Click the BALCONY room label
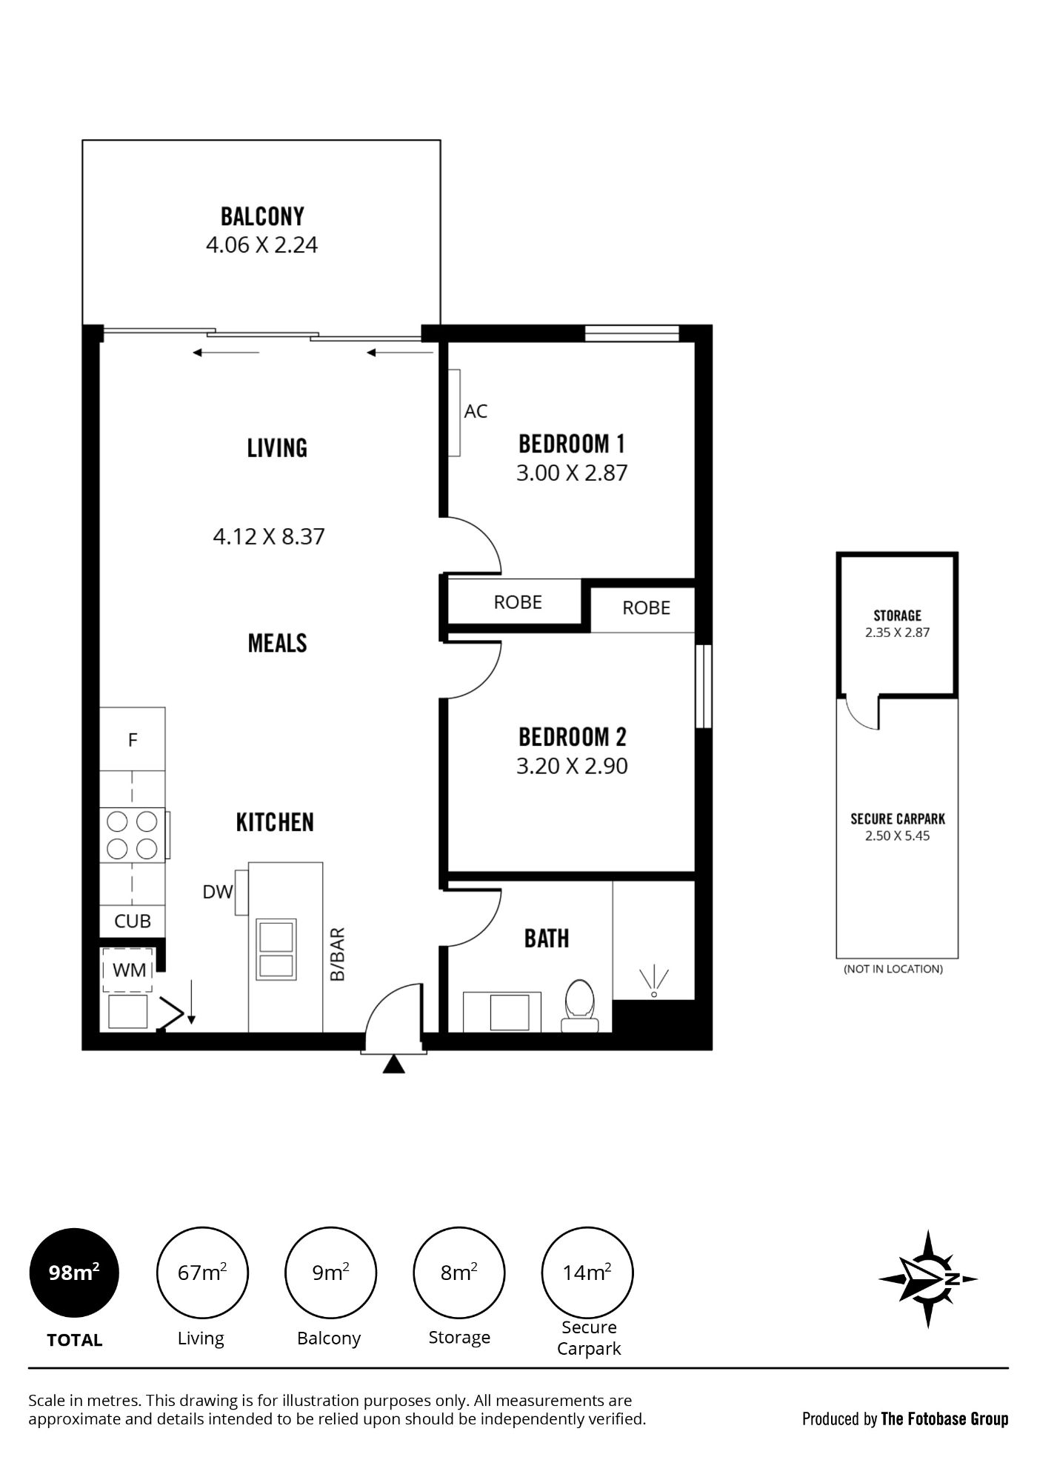point(262,216)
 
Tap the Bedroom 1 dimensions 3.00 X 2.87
point(572,473)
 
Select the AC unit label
point(476,411)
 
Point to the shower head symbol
point(654,983)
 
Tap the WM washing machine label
point(130,970)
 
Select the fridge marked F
point(133,739)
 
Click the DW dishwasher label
point(218,893)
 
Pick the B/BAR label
point(338,955)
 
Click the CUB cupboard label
point(133,921)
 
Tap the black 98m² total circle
point(74,1273)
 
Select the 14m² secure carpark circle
point(587,1273)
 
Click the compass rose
point(928,1278)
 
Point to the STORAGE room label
point(897,616)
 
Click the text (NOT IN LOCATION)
point(893,969)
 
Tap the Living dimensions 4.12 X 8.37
point(269,536)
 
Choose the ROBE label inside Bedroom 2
point(646,608)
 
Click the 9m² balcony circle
point(331,1273)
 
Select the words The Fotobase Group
point(944,1419)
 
